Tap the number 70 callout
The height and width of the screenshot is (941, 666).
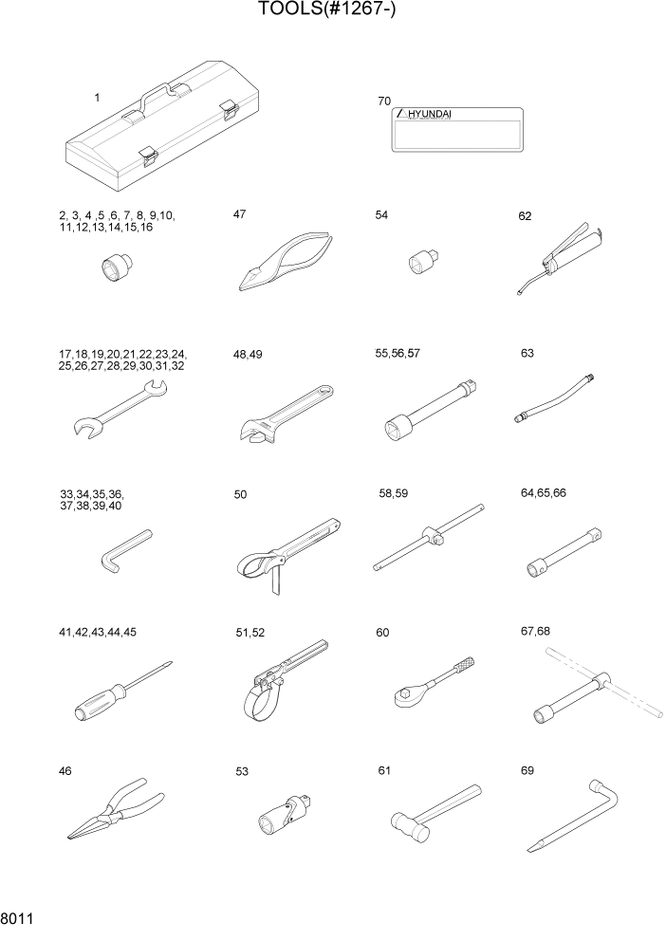[x=384, y=100]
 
